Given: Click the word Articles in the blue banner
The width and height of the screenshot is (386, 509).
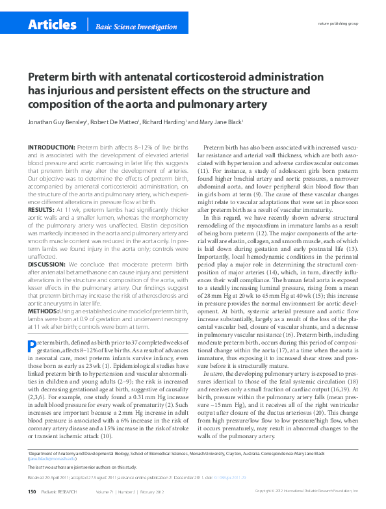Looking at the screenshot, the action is click(52, 25).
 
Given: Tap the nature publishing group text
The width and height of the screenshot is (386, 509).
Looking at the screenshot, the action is click(337, 23).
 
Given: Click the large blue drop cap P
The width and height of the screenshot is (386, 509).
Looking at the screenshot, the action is click(31, 345).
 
